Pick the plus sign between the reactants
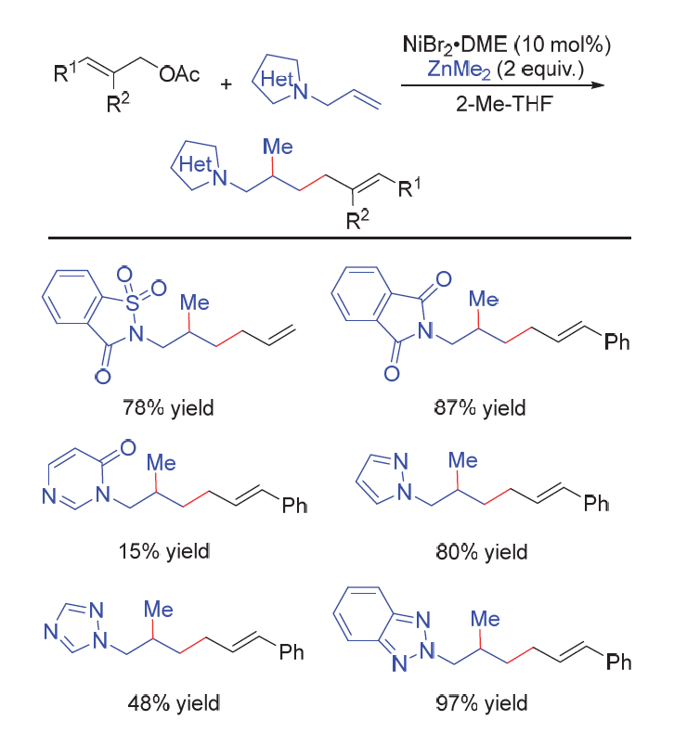pyautogui.click(x=227, y=84)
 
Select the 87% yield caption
pyautogui.click(x=483, y=406)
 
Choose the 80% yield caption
pyautogui.click(x=483, y=550)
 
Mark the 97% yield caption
pyautogui.click(x=483, y=701)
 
